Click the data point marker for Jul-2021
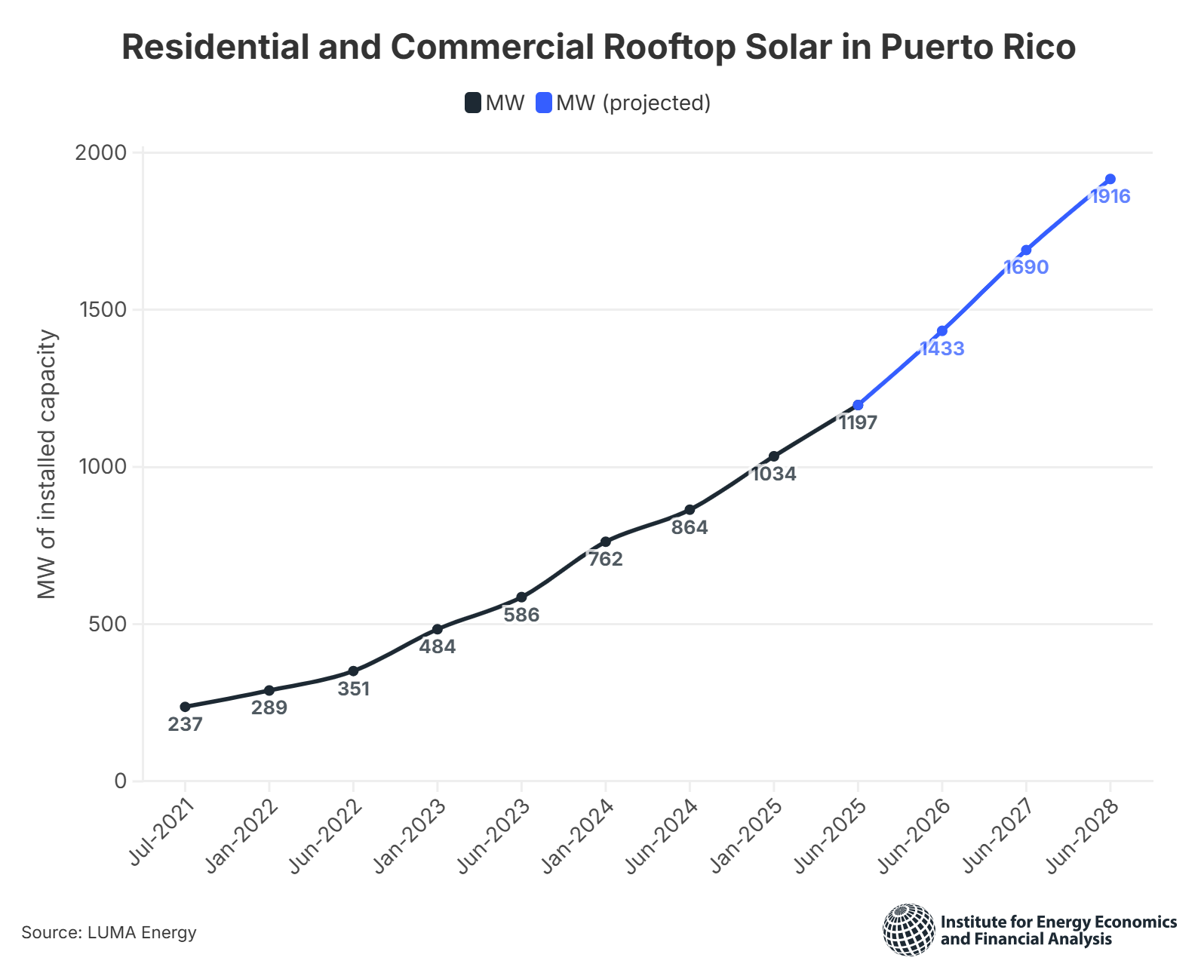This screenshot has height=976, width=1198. click(x=185, y=707)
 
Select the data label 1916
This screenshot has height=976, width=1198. click(x=1110, y=197)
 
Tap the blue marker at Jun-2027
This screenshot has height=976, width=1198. click(x=1026, y=250)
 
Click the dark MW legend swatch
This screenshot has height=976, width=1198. click(x=473, y=103)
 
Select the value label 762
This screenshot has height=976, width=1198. click(x=605, y=560)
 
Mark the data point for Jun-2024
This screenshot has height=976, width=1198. click(x=690, y=510)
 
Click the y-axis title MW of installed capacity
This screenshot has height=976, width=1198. click(x=48, y=465)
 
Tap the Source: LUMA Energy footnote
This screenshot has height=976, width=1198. click(x=109, y=933)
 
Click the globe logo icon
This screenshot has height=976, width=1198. click(x=909, y=930)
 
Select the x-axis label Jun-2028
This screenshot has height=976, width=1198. click(x=1083, y=836)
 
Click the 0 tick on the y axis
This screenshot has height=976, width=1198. click(x=121, y=781)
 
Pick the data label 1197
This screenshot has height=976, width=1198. click(x=858, y=423)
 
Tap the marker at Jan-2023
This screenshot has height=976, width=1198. click(x=438, y=629)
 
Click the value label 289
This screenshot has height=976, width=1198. click(x=269, y=708)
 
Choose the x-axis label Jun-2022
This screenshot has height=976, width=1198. click(x=327, y=836)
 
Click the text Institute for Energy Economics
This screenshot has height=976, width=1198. click(x=1058, y=922)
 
